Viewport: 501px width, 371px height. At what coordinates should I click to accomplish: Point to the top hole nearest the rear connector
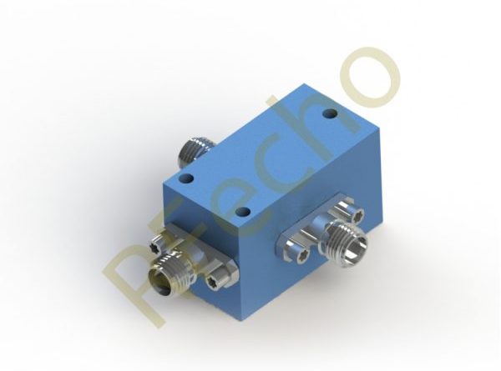(x=187, y=178)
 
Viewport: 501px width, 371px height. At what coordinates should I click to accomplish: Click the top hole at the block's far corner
(x=330, y=113)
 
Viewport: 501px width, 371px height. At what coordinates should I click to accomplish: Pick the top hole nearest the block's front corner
(x=244, y=211)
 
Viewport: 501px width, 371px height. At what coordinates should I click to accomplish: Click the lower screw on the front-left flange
(x=212, y=282)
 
